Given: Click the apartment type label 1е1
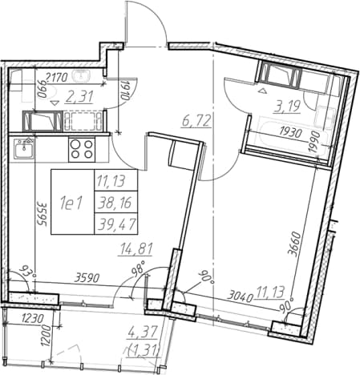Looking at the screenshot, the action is [x=71, y=204].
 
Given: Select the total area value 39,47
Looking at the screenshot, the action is [x=116, y=224].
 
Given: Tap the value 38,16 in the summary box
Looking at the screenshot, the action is [x=115, y=203].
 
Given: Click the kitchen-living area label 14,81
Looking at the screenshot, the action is [x=136, y=249].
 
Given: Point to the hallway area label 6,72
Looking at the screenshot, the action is [x=196, y=121].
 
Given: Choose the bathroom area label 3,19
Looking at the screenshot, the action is [x=286, y=107].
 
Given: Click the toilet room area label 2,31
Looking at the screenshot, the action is [x=79, y=97].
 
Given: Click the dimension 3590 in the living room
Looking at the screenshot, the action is [x=87, y=278].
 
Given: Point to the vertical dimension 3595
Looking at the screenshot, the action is [x=42, y=214].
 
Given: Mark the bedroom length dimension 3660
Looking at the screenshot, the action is [x=296, y=244].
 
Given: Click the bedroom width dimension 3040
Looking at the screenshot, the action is [x=241, y=296].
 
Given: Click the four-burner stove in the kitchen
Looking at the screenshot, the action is [x=82, y=149].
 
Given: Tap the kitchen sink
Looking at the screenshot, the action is [x=24, y=148].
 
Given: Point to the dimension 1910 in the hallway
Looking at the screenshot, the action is [x=125, y=91].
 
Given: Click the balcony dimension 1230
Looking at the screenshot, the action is [x=33, y=319].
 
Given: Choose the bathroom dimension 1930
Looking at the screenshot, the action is [x=290, y=132].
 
